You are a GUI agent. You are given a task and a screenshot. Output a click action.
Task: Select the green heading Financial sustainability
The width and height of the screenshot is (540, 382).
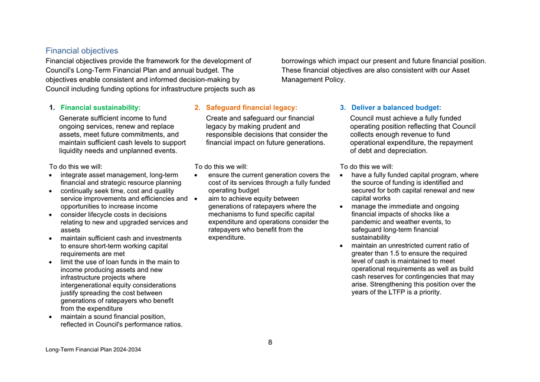100,107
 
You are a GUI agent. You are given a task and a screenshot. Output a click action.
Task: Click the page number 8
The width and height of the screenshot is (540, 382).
270,342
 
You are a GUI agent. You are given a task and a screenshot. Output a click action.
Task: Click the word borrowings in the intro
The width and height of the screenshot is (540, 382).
300,61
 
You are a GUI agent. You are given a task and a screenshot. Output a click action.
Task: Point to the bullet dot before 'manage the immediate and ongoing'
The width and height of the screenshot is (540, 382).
342,207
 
